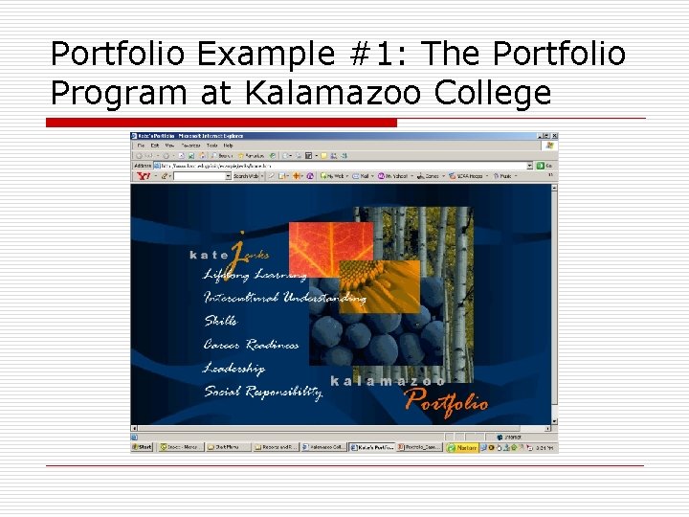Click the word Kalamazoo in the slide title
click(341, 93)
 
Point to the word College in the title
click(494, 93)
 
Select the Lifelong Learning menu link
click(256, 275)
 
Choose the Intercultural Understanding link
click(284, 298)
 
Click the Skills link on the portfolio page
click(220, 321)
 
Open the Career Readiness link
click(251, 345)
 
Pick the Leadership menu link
click(233, 368)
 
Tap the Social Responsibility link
click(262, 392)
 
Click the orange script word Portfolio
click(446, 400)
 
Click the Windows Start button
click(143, 446)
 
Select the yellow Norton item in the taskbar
click(466, 446)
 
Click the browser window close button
click(553, 137)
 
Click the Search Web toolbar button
click(247, 176)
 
